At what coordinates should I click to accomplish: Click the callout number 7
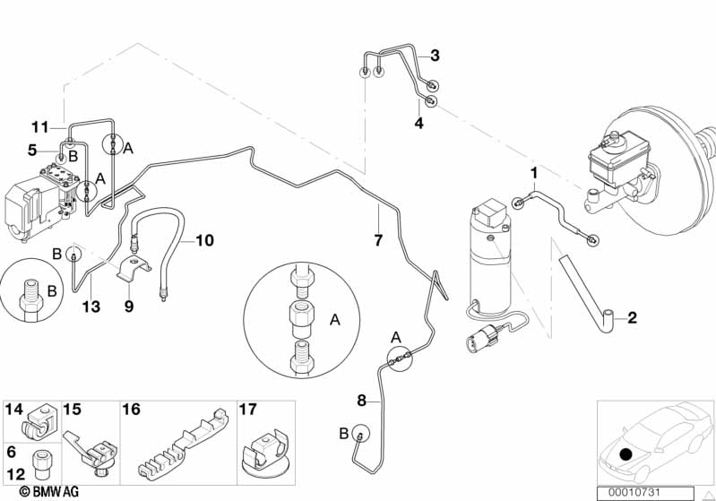[x=378, y=240]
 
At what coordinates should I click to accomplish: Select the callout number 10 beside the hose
[x=204, y=240]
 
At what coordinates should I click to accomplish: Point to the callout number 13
[x=91, y=307]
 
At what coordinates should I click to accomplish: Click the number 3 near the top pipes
[x=435, y=56]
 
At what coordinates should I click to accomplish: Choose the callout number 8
[x=362, y=401]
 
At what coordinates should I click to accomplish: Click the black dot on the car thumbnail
[x=625, y=454]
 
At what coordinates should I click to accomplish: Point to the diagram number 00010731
[x=634, y=493]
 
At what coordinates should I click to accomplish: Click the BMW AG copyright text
[x=49, y=491]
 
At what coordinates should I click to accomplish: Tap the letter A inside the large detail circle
[x=335, y=320]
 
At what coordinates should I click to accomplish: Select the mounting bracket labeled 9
[x=134, y=270]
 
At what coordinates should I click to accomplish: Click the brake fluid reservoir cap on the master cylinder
[x=613, y=137]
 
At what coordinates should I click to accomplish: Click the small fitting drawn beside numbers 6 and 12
[x=39, y=464]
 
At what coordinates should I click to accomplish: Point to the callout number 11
[x=39, y=126]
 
